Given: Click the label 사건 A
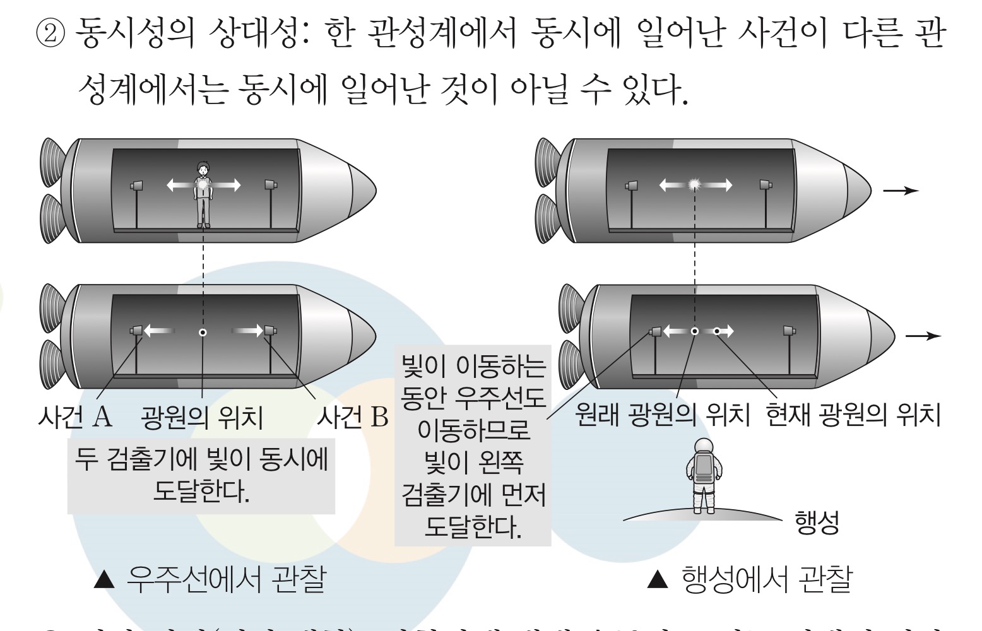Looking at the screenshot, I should click(75, 416).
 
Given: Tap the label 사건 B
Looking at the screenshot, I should click(352, 416).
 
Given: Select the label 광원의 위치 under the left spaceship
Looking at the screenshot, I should click(202, 417).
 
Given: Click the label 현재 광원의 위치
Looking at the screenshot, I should click(853, 415).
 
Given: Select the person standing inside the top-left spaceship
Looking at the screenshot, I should click(203, 193).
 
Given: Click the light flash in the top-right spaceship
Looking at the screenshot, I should click(695, 184).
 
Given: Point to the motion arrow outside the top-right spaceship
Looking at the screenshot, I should click(901, 190).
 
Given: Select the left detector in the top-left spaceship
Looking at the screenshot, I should click(136, 186).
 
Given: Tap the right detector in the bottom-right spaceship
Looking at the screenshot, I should click(789, 330).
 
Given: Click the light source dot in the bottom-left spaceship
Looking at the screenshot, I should click(203, 333).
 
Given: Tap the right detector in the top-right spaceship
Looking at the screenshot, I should click(766, 184).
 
